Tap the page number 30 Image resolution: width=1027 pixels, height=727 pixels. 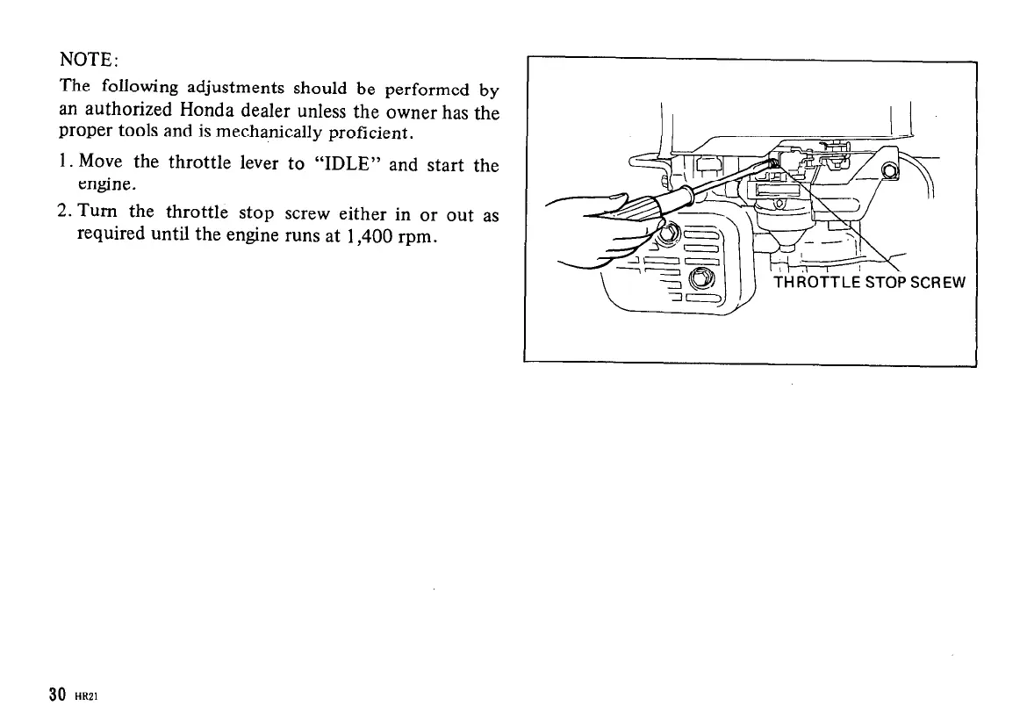(58, 695)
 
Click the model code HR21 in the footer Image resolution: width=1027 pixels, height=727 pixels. (86, 696)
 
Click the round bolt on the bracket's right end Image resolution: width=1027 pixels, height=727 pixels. (888, 170)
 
